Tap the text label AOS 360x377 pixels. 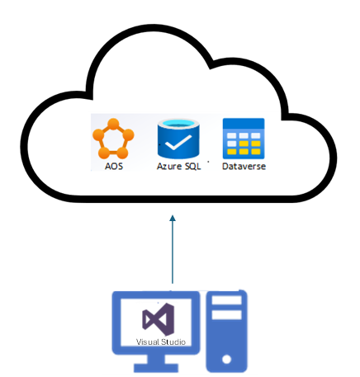[113, 166]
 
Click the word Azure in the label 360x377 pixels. [168, 166]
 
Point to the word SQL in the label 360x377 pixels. [191, 166]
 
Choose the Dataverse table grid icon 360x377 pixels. [243, 138]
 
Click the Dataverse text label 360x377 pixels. [243, 166]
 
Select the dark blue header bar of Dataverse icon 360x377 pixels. [243, 123]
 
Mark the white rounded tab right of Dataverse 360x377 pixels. [306, 153]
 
